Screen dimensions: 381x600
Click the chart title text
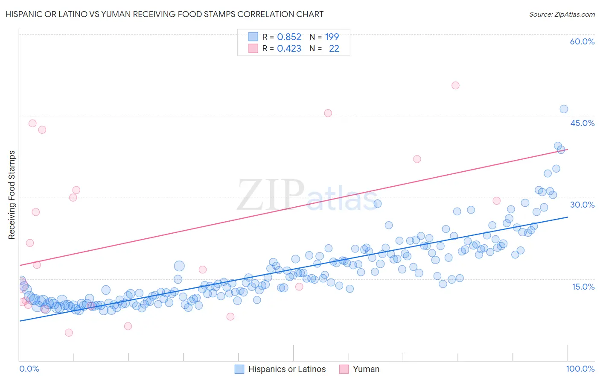click(164, 14)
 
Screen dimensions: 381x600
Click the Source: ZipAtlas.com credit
click(562, 14)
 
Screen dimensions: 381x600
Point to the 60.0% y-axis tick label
click(582, 41)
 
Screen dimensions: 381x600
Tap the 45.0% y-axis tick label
click(582, 123)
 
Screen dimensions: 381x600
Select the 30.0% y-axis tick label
click(582, 205)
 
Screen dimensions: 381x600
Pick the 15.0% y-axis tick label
click(583, 287)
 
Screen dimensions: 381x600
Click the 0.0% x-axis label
click(29, 369)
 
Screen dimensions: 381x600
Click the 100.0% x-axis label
click(580, 369)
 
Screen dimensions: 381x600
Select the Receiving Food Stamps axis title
click(12, 195)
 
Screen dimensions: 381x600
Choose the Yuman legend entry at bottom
click(366, 369)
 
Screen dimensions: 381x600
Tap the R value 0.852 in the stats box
click(289, 37)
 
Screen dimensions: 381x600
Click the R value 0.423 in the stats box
click(289, 49)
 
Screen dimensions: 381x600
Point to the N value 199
click(332, 37)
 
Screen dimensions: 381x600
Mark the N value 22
click(334, 49)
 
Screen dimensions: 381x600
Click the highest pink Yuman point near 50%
click(455, 85)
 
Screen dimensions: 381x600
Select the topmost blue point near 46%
click(564, 109)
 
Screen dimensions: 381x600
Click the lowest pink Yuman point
click(69, 333)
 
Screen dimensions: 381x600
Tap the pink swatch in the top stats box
click(253, 48)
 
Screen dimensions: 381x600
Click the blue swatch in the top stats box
click(253, 37)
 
